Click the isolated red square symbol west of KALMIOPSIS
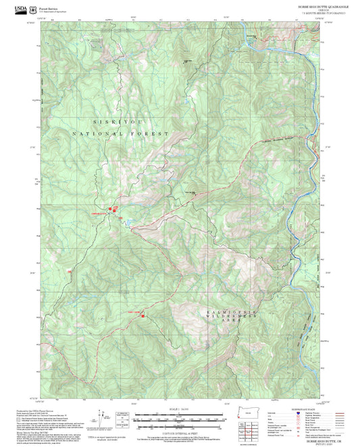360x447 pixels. click(143, 313)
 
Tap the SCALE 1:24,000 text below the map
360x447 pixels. click(179, 410)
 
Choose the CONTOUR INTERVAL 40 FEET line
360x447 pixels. click(179, 429)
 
